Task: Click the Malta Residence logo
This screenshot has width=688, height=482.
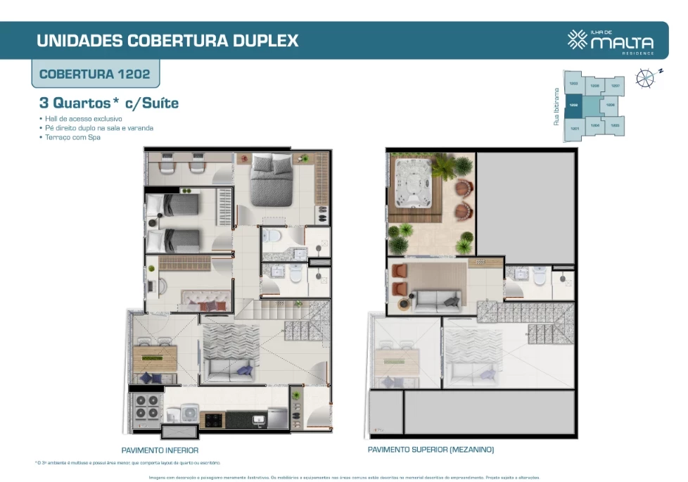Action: (x=610, y=40)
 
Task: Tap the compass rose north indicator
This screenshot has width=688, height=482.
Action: (x=645, y=77)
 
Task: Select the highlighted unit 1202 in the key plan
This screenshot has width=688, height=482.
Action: (x=573, y=106)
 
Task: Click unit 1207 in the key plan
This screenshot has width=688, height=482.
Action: (x=615, y=86)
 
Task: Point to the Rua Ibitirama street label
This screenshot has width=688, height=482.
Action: (x=556, y=107)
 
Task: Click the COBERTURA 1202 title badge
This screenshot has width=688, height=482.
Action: (x=94, y=74)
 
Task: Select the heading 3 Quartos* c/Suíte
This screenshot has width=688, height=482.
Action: (x=109, y=103)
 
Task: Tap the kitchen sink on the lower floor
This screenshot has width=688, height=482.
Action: (x=258, y=420)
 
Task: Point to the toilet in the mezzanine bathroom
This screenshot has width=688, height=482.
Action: (x=540, y=277)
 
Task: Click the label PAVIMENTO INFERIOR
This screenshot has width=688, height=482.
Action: (x=160, y=450)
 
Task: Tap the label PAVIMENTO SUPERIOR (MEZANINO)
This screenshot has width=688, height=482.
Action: (x=431, y=450)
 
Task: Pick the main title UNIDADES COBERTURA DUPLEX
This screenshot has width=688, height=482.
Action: (x=167, y=40)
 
